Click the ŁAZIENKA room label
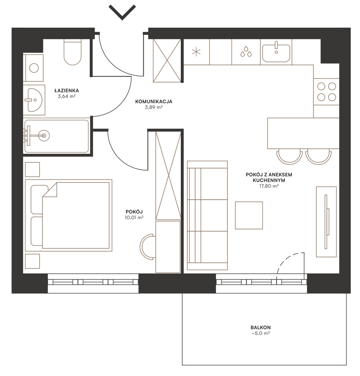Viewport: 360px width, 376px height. (x=66, y=90)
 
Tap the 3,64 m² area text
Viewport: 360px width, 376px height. (x=67, y=97)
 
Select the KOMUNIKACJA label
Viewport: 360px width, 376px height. (x=153, y=101)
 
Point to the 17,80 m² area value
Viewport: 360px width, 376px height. (x=269, y=186)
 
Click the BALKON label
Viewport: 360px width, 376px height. (x=261, y=327)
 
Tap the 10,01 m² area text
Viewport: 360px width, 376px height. (x=134, y=217)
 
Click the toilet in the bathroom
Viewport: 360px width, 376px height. (x=73, y=52)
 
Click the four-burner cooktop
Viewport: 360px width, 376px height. (x=327, y=92)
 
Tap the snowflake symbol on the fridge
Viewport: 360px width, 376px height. (x=196, y=52)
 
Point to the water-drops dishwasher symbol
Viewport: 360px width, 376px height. (x=246, y=51)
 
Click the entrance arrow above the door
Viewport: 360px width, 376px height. (x=122, y=12)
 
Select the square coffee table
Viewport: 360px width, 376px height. (x=249, y=215)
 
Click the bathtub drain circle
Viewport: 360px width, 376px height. (x=44, y=136)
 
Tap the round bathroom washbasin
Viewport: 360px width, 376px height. (x=35, y=100)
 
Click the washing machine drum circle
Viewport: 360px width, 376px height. (x=34, y=68)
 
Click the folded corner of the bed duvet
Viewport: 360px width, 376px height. (x=50, y=190)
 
